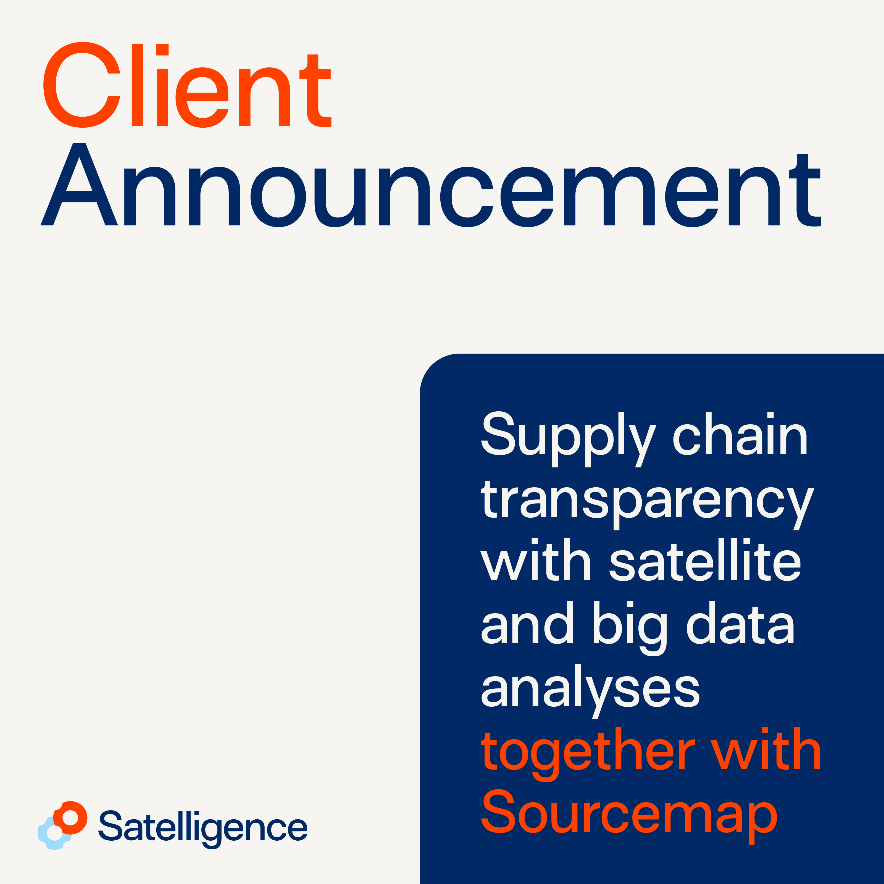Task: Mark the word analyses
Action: (590, 691)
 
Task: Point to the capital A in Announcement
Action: (79, 184)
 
